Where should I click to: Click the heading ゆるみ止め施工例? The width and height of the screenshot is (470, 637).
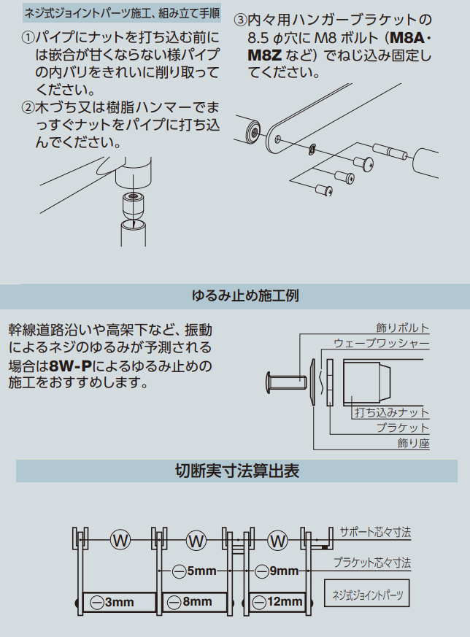point(245,296)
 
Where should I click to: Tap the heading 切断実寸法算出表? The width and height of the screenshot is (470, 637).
point(237,471)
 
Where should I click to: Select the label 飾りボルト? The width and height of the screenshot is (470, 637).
point(403,328)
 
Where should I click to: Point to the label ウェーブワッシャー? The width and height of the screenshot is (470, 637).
point(381,343)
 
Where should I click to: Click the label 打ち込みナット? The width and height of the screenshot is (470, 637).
point(392,412)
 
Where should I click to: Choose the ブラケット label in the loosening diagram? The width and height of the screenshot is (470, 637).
point(403,428)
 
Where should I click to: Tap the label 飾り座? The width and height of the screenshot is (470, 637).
point(413,443)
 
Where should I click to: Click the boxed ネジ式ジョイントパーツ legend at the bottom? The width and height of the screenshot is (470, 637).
point(367,593)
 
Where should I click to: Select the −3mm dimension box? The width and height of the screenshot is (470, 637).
point(120,602)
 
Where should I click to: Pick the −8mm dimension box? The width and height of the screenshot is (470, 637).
point(194,602)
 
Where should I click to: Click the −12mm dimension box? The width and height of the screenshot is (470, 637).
point(277,602)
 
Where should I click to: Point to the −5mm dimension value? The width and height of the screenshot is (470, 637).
point(194,571)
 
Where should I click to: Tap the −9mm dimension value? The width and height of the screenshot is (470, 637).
point(277,571)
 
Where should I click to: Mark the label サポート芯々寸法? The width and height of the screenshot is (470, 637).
point(375,532)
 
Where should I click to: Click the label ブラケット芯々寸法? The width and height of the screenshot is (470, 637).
point(371,563)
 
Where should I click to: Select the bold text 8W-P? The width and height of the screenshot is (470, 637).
point(70,366)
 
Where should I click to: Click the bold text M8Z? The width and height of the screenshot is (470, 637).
point(264,55)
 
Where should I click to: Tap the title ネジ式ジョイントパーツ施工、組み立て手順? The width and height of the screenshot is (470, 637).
point(123,13)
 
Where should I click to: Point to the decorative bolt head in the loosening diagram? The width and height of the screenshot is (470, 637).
point(269,382)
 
